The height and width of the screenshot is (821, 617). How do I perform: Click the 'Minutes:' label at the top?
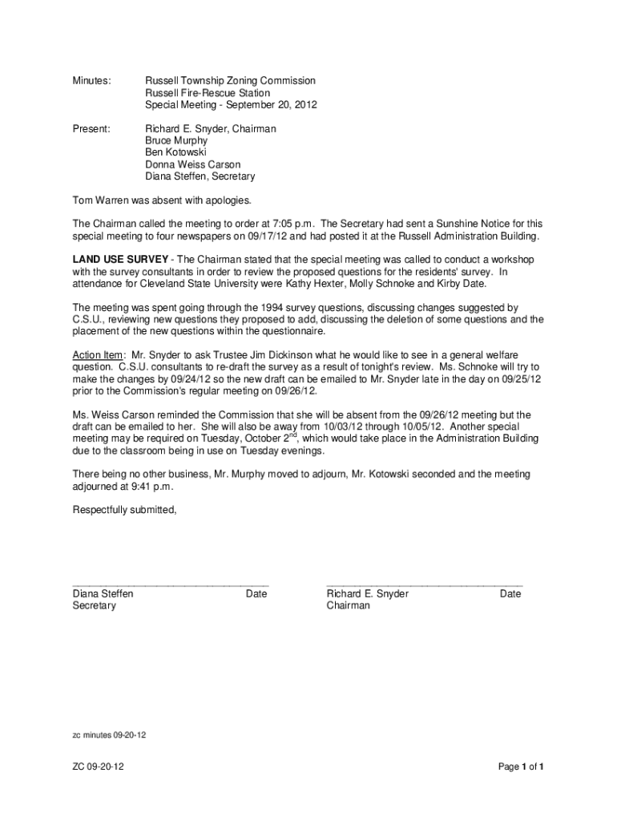[92, 81]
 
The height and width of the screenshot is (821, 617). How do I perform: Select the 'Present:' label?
[91, 129]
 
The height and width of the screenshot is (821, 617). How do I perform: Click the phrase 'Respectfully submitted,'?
[124, 510]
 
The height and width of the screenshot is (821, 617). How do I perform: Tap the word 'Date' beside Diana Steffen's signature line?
[256, 594]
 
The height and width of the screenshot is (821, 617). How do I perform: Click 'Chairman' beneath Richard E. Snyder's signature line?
[349, 606]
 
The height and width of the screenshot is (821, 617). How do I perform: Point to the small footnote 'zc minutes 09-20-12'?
[110, 734]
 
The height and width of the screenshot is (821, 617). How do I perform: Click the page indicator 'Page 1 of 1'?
[521, 767]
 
